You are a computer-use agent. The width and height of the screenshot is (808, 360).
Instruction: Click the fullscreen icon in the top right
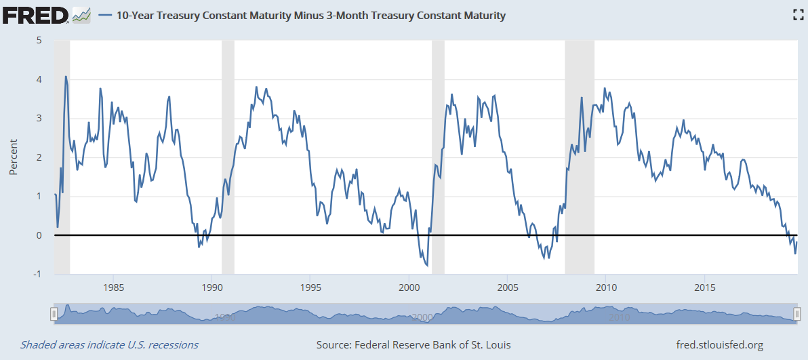tap(798, 15)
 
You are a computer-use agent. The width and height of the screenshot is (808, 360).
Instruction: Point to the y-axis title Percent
tap(13, 157)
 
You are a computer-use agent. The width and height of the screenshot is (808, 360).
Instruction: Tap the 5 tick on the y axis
tap(39, 40)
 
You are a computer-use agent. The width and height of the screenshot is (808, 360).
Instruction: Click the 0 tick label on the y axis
tap(39, 235)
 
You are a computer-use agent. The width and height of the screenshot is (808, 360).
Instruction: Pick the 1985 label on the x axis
tap(113, 285)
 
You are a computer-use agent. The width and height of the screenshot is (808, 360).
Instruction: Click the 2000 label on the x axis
tap(409, 285)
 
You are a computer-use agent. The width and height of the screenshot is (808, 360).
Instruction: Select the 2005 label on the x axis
tap(508, 285)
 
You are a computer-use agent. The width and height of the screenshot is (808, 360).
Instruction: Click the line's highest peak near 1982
tap(66, 76)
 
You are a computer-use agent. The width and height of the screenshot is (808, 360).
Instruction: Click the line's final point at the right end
tap(797, 242)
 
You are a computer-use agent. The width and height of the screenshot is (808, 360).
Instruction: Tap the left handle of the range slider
tap(54, 314)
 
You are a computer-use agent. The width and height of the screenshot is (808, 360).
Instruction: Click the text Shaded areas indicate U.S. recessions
tap(109, 345)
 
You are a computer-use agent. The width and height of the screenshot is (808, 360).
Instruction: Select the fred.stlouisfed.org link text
tap(720, 345)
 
